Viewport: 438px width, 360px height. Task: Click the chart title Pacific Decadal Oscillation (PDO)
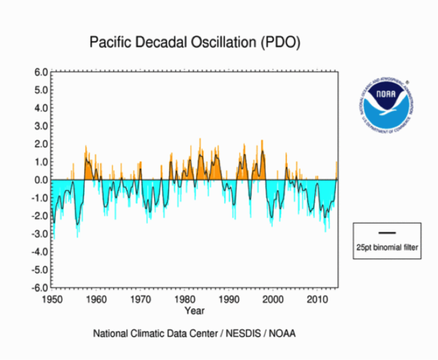tap(195, 42)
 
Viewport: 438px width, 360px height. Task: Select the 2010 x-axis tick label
tap(318, 299)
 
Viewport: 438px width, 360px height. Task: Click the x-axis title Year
tap(194, 310)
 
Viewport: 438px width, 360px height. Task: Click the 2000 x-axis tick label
tap(273, 299)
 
